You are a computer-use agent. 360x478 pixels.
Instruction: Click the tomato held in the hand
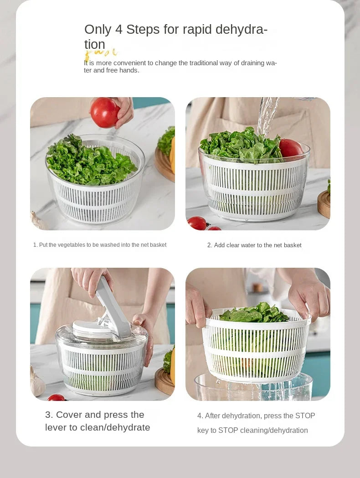(x=105, y=112)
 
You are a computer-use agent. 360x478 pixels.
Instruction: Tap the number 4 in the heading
(x=118, y=30)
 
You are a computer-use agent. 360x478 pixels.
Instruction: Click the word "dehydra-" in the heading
(x=241, y=30)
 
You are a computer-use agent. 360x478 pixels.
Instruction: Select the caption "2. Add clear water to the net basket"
(x=254, y=245)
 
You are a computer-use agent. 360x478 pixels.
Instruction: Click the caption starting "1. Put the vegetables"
(x=100, y=245)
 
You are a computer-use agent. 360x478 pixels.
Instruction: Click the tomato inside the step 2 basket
(x=290, y=148)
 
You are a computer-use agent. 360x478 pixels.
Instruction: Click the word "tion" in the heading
(x=94, y=44)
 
